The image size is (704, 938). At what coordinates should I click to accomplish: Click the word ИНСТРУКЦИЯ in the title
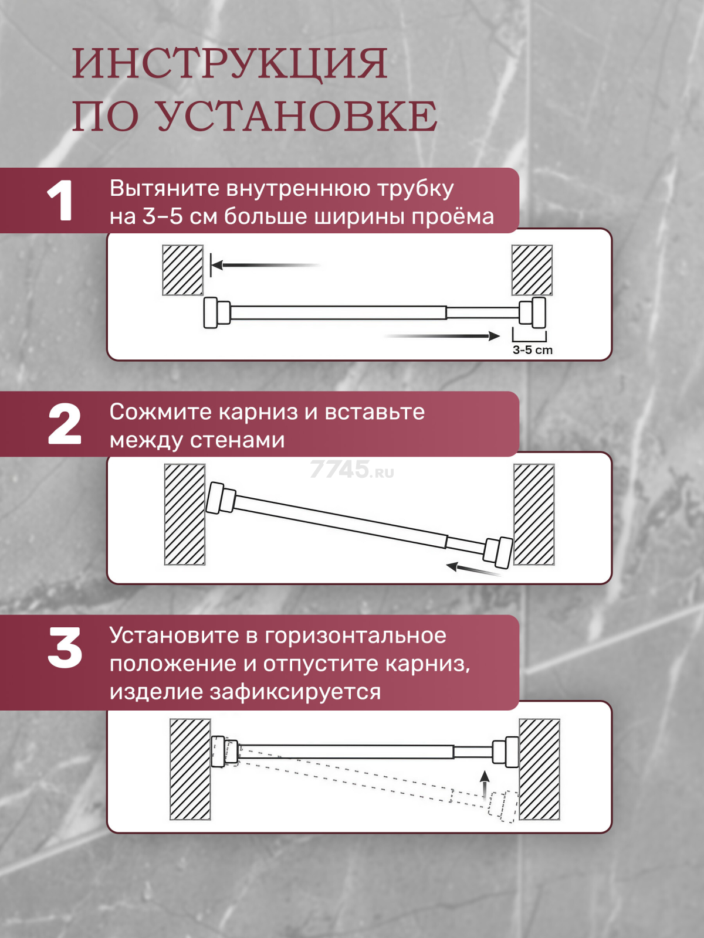point(230,64)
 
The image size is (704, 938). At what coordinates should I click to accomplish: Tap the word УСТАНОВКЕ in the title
point(297,117)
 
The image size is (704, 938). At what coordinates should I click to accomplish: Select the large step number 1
point(60,201)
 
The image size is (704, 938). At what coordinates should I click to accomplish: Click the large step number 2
point(64,424)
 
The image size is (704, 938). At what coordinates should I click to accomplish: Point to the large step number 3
point(65,648)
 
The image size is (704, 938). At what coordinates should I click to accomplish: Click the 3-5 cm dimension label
point(533,350)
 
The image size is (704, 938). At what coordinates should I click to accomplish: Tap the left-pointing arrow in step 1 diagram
point(265,266)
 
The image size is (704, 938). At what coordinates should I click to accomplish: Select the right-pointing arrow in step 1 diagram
point(442,336)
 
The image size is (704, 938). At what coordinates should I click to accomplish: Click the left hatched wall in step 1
point(182,270)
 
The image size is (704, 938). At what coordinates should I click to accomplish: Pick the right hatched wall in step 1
point(532,270)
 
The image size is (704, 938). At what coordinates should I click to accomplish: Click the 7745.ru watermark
point(352,469)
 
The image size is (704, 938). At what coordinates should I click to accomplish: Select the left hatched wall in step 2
point(185,515)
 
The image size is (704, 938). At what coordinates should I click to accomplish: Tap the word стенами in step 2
point(237,440)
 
